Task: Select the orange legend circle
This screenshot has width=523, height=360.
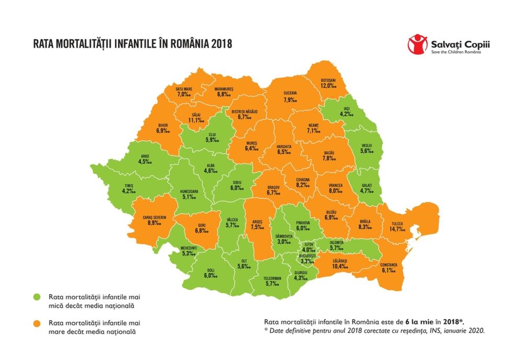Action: (37, 323)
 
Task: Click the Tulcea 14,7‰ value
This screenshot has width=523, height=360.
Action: (395, 228)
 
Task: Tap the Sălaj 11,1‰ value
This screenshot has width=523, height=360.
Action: (197, 120)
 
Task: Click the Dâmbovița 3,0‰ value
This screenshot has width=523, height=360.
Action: (285, 241)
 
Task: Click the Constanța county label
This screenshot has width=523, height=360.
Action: (388, 265)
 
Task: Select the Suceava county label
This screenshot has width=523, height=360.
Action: (290, 93)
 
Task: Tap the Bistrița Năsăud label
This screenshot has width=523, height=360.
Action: (245, 111)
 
